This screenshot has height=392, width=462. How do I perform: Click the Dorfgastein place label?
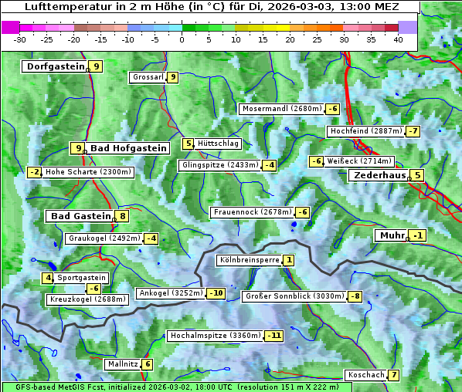pyautogui.click(x=55, y=66)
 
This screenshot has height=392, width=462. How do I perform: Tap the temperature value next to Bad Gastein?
pyautogui.click(x=122, y=216)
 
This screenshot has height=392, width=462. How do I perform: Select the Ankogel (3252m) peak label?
pyautogui.click(x=170, y=293)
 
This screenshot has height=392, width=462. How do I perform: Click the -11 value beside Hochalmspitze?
pyautogui.click(x=273, y=336)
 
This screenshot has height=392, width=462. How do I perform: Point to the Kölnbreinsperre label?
pyautogui.click(x=249, y=261)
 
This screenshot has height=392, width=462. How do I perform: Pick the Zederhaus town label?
pyautogui.click(x=379, y=175)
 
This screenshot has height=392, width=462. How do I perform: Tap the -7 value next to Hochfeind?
pyautogui.click(x=413, y=131)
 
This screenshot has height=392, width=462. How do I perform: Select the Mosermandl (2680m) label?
pyautogui.click(x=281, y=109)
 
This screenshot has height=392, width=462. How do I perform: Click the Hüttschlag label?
pyautogui.click(x=219, y=144)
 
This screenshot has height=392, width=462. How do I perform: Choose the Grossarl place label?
pyautogui.click(x=148, y=77)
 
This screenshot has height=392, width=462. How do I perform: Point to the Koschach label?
pyautogui.click(x=365, y=375)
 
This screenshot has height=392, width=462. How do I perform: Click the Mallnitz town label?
pyautogui.click(x=123, y=363)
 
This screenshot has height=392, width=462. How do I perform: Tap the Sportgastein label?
pyautogui.click(x=82, y=277)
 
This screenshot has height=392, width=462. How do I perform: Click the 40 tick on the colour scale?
pyautogui.click(x=398, y=39)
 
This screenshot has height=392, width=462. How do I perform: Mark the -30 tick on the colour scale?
pyautogui.click(x=20, y=39)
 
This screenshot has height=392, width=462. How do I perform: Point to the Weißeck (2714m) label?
pyautogui.click(x=359, y=161)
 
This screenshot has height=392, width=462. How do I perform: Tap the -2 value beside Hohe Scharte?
pyautogui.click(x=34, y=172)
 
